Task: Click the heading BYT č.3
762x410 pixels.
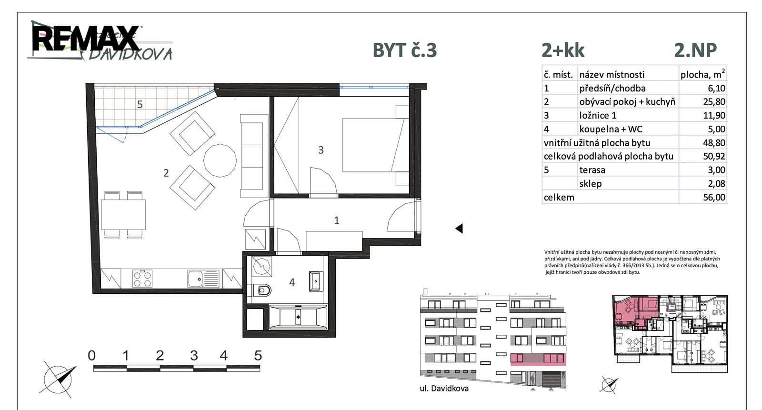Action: [404, 50]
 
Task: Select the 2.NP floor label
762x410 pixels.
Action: [695, 50]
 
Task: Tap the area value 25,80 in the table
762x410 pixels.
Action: [714, 102]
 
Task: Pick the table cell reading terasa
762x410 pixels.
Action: [592, 170]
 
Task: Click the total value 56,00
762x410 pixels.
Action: [714, 197]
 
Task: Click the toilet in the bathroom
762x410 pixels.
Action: [262, 290]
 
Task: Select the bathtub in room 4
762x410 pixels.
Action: [298, 317]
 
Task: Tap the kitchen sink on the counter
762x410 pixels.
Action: [203, 279]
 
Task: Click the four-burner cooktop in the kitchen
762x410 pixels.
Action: [142, 279]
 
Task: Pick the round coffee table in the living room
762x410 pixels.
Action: [220, 160]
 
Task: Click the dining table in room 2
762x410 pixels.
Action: [123, 214]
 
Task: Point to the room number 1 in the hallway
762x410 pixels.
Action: [336, 220]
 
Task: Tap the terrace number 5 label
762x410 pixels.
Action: [140, 104]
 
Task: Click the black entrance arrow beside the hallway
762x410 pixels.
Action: [459, 228]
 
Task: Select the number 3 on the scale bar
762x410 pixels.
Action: [194, 356]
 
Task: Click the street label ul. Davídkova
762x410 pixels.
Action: [444, 388]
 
